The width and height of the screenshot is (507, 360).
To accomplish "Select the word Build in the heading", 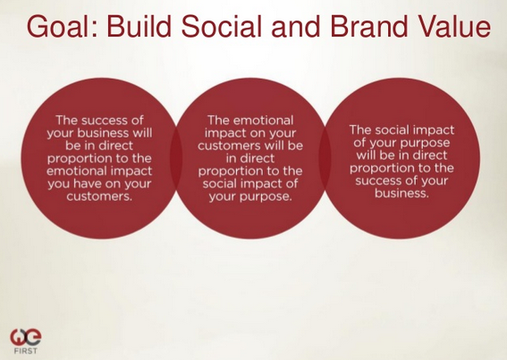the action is click(139, 26).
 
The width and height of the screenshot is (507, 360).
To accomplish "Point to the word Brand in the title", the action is click(368, 26).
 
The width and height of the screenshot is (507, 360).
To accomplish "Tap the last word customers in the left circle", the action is click(99, 197).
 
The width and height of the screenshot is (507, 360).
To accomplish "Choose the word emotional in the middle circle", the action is click(263, 121).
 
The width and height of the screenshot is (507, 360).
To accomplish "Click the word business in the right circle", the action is click(401, 193).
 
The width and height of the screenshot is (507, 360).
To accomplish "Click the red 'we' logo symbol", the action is click(26, 337).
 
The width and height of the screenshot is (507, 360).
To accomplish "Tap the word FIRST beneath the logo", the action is click(26, 351).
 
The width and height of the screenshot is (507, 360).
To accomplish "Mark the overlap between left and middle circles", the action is click(176, 158).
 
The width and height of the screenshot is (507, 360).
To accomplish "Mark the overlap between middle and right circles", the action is click(325, 158).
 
